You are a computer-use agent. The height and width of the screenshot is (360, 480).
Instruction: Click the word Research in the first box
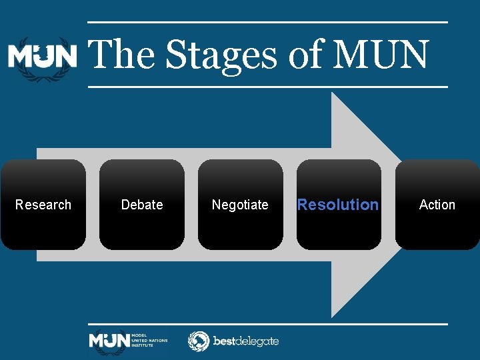43,205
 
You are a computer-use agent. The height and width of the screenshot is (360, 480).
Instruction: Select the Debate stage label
142,205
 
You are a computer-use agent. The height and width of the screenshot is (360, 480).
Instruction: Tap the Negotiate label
240,205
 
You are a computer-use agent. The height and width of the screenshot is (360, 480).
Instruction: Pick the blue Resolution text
338,205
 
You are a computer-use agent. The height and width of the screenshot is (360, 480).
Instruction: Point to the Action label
437,205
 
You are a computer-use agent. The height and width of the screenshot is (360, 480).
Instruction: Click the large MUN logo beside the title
43,57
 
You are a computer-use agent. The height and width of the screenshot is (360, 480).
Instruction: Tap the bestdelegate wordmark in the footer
245,341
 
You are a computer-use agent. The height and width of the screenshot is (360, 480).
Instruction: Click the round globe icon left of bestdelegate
199,341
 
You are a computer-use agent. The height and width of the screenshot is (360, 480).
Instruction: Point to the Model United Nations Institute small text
149,341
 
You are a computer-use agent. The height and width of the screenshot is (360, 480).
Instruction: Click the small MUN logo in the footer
109,341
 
